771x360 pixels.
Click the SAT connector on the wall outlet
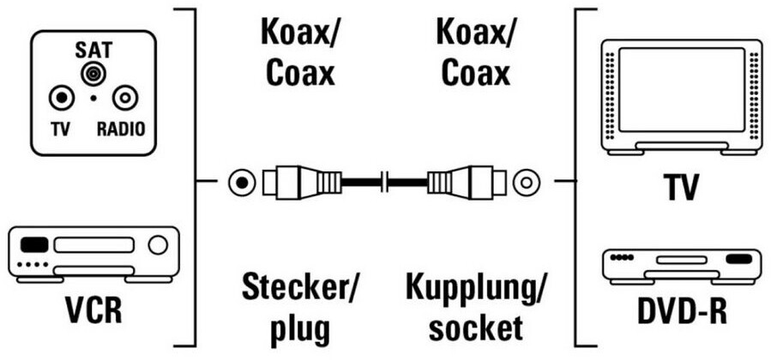(x=91, y=75)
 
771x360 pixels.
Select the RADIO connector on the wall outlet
(x=123, y=98)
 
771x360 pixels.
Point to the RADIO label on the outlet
(x=120, y=129)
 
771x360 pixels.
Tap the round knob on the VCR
(x=158, y=246)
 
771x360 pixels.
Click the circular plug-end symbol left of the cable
(x=242, y=182)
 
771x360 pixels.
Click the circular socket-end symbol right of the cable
(x=525, y=182)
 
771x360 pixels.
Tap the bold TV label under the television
(x=681, y=187)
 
